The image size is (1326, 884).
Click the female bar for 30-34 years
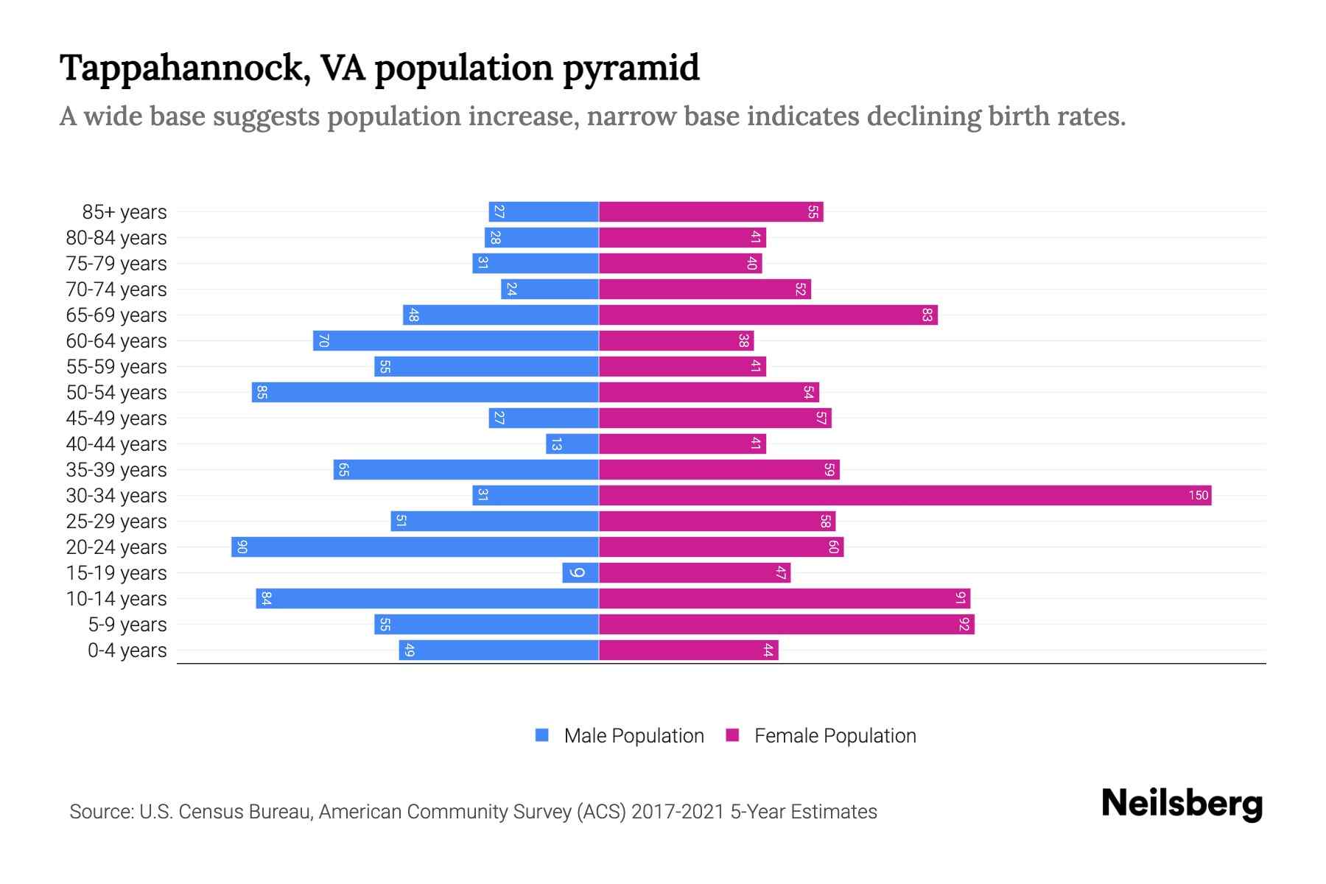[905, 495]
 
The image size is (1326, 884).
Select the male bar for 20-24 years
[415, 547]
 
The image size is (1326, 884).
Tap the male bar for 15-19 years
[580, 572]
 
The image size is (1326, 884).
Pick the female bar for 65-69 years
[768, 315]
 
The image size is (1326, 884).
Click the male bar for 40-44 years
[572, 443]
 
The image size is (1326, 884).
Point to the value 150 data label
[1198, 495]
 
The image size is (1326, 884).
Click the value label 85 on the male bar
[262, 392]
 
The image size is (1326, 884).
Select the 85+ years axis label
[124, 212]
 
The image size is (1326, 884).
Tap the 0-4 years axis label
[127, 650]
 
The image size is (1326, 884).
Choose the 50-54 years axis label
[116, 393]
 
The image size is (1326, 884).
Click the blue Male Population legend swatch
[542, 735]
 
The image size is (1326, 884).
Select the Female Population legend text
[835, 736]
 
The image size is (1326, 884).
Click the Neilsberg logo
[1182, 804]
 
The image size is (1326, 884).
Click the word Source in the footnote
[100, 812]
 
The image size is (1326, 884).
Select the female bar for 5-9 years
[786, 624]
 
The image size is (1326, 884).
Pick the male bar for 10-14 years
[427, 598]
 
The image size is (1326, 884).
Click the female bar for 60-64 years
[676, 340]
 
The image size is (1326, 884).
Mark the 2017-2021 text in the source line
[678, 812]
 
